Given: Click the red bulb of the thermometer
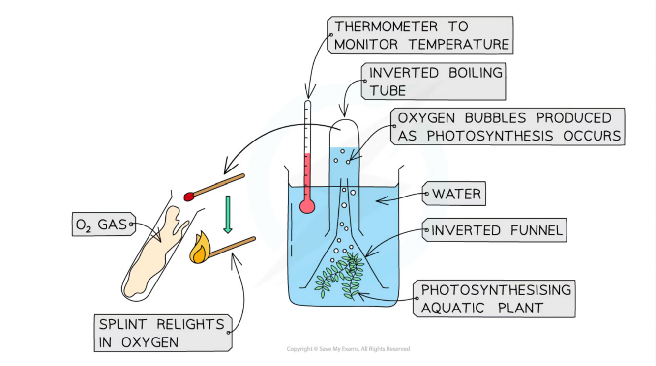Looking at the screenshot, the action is tap(307, 206).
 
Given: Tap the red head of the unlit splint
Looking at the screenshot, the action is tap(189, 197).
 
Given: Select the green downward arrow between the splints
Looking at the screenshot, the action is tap(227, 215).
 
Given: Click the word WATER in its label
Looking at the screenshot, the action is tap(456, 194).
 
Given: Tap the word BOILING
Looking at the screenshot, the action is tap(476, 73).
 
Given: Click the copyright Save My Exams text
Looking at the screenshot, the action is tap(348, 349).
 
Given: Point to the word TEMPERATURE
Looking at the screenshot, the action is tap(458, 45).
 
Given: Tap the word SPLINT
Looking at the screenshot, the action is tap(124, 324).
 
